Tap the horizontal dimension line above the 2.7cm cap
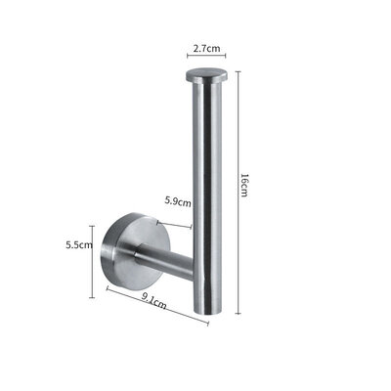(206, 57)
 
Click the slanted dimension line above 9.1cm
(156, 303)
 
